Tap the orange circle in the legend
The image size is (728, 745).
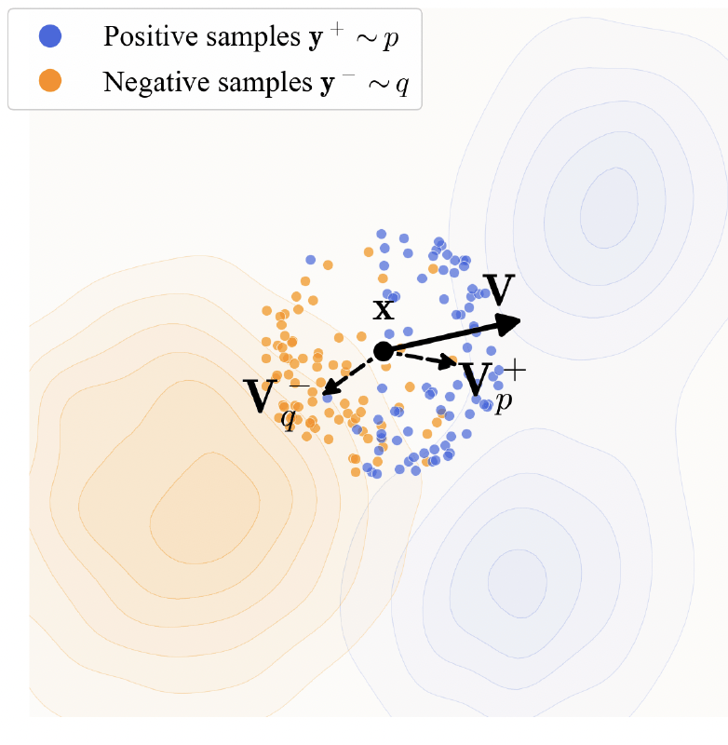[50, 82]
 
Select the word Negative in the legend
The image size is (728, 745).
[144, 83]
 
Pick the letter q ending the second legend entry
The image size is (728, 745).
[401, 86]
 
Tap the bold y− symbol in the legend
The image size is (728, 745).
[329, 83]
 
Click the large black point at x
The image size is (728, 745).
[383, 351]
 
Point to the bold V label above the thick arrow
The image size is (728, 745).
[499, 291]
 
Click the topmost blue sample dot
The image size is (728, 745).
[381, 234]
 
